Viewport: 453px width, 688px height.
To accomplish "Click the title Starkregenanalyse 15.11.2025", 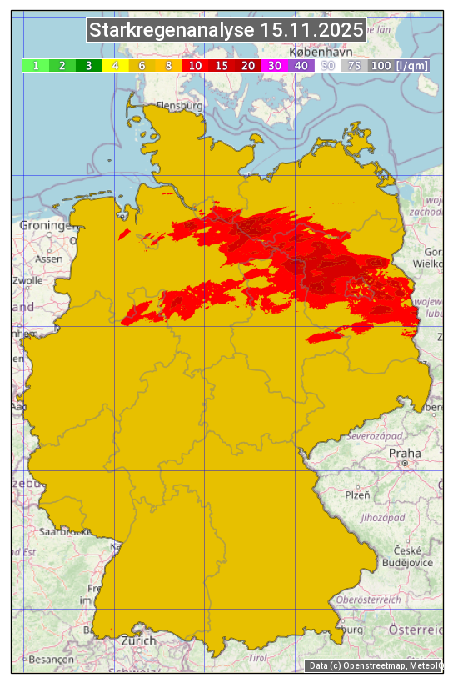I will (226, 31).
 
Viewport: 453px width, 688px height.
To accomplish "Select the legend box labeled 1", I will (36, 65).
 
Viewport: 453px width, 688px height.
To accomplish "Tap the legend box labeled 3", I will (88, 65).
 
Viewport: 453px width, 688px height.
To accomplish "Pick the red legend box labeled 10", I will (195, 65).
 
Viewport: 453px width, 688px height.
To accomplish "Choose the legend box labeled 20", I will (248, 65).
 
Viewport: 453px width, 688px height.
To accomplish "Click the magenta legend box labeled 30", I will (275, 65).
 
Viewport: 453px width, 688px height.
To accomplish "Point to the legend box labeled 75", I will (354, 65).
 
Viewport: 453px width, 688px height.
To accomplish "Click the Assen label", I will (49, 259).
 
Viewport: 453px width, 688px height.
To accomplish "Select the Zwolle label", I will (28, 280).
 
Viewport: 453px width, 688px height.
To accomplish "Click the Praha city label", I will (405, 453).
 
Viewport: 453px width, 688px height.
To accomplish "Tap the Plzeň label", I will (357, 495).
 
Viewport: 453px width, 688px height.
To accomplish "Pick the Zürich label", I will (137, 640).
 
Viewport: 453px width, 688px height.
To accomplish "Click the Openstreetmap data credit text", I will (375, 665).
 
